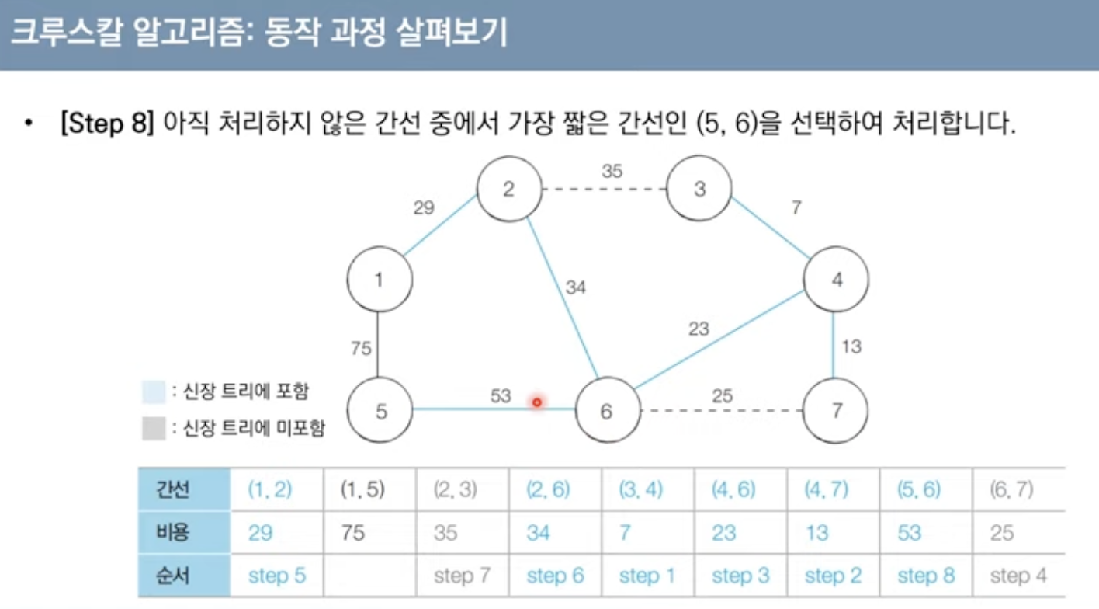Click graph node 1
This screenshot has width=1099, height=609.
pos(378,280)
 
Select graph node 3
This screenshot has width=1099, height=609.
pos(699,189)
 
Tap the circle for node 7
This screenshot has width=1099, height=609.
pos(836,409)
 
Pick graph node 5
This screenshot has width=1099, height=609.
pos(380,410)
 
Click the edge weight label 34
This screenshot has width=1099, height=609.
pos(575,288)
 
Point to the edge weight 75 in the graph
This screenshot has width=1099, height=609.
pos(361,349)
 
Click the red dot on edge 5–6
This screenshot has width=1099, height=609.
pos(536,402)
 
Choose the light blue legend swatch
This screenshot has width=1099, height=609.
pos(154,392)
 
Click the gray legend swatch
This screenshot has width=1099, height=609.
pos(154,428)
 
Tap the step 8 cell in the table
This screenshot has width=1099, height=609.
pos(926,576)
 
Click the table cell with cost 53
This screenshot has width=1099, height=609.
pos(909,533)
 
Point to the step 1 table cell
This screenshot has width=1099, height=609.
pos(647,576)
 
